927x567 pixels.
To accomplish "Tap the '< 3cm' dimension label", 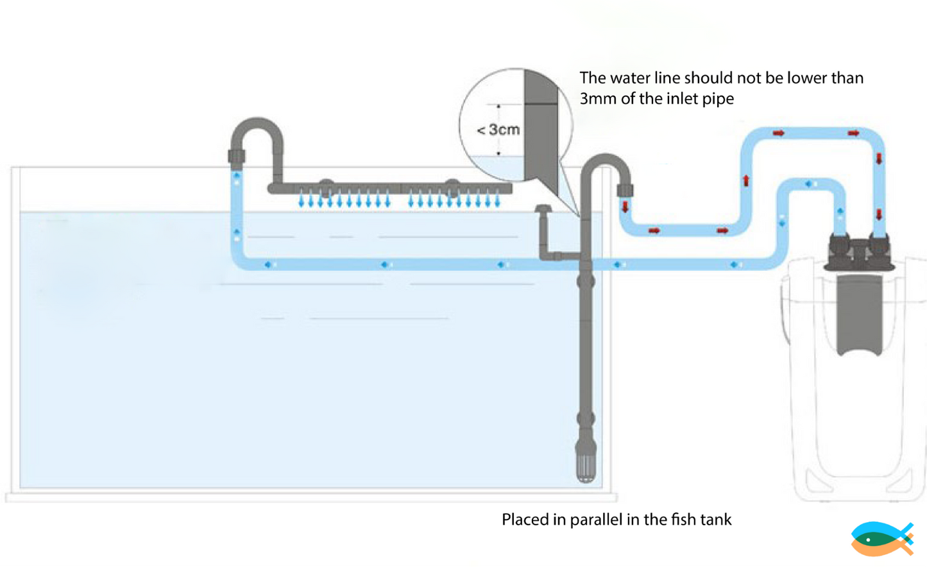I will [x=498, y=130].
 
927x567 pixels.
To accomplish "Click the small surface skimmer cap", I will [x=543, y=209].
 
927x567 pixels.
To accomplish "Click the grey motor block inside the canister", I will [x=859, y=315].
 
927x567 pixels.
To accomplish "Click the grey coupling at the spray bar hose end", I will [x=237, y=155].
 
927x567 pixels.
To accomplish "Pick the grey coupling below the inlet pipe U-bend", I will [x=625, y=190].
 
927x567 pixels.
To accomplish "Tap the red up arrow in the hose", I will [x=746, y=181].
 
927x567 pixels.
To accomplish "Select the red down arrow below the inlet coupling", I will [x=625, y=207].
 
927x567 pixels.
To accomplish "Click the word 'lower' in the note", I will [x=808, y=78].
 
